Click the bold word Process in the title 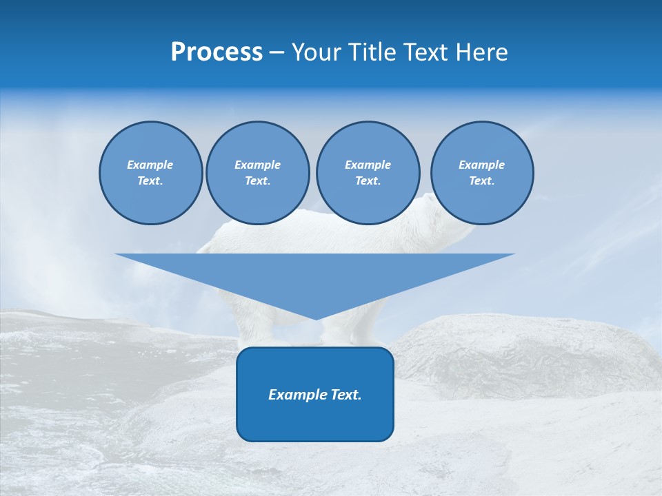click(x=217, y=52)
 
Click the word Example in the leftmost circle click(x=150, y=165)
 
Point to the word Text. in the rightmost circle click(x=481, y=181)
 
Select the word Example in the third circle click(x=368, y=165)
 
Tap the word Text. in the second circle click(x=257, y=181)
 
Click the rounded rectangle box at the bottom click(x=315, y=420)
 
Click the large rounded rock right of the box click(x=524, y=351)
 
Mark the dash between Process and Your click(x=277, y=52)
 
